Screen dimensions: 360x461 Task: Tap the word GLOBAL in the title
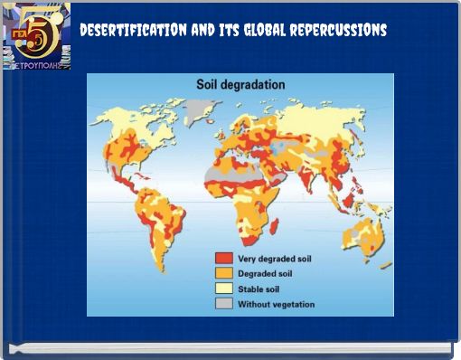259,31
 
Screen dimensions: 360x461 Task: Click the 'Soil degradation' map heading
240,84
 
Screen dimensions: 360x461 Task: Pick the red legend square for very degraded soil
222,258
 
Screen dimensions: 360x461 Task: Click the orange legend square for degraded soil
222,273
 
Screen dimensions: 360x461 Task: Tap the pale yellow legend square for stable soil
222,289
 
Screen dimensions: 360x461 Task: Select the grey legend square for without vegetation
222,304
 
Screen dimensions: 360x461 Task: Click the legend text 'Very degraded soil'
273,258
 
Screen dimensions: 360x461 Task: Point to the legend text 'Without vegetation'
276,304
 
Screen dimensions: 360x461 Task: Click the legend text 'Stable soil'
259,289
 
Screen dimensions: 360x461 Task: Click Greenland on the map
196,112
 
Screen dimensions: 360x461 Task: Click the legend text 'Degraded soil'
266,273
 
